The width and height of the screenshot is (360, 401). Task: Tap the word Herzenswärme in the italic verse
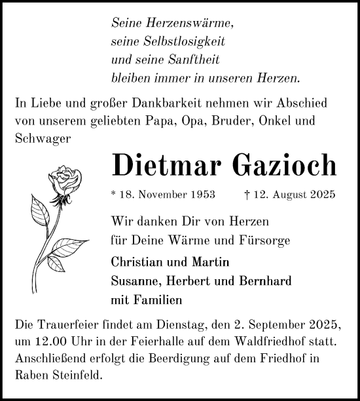coord(190,23)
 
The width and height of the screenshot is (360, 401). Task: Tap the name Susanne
coord(135,281)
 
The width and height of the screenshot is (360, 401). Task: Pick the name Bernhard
coord(264,281)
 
